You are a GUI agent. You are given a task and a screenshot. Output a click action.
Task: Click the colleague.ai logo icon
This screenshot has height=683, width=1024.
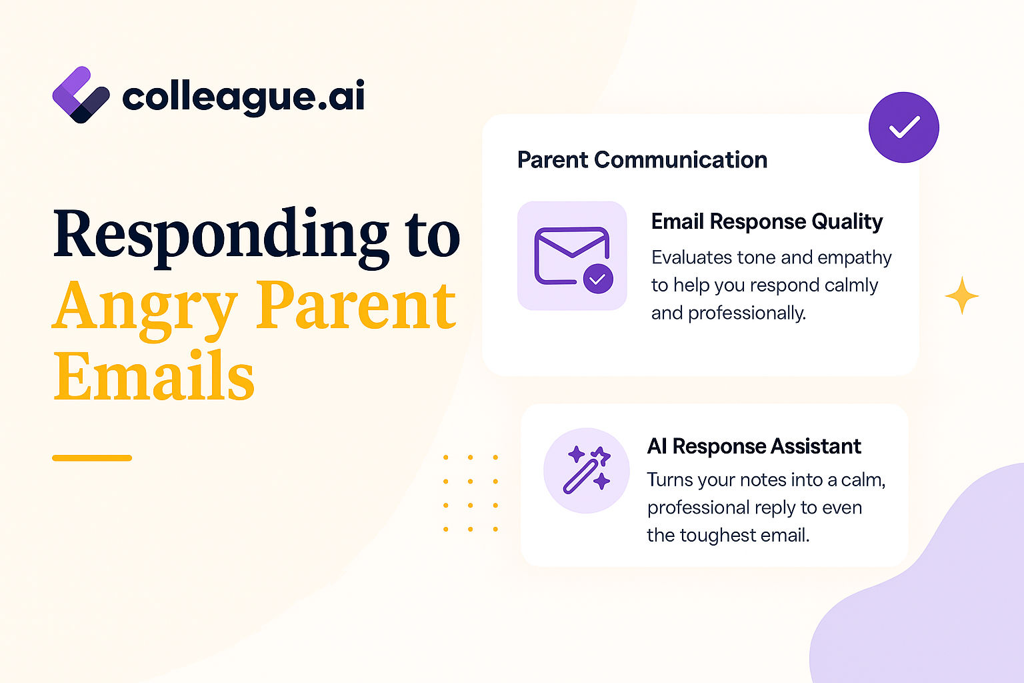[81, 95]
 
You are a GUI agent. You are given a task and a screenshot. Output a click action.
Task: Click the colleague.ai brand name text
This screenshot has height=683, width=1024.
[243, 96]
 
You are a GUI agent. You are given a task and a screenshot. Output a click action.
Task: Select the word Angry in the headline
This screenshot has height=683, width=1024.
[145, 309]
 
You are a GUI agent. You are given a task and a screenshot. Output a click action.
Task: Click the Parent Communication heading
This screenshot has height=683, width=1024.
[642, 160]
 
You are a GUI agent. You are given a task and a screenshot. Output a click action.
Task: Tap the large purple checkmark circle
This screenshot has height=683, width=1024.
[904, 127]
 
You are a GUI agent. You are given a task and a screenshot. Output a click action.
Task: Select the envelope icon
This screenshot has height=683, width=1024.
[573, 259]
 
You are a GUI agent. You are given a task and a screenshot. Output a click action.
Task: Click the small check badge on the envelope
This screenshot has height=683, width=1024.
[598, 279]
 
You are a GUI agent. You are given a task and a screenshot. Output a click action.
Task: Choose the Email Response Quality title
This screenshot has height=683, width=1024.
[767, 222]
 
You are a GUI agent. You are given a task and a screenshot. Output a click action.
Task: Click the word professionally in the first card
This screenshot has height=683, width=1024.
[747, 313]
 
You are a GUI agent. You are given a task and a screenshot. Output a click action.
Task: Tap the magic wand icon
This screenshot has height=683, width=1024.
[587, 470]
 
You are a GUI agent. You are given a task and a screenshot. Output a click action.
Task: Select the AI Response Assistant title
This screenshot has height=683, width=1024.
[754, 446]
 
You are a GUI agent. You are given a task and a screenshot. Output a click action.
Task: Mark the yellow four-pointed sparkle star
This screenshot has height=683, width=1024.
[962, 295]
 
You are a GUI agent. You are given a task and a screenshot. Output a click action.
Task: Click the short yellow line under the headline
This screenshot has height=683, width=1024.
[92, 458]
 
